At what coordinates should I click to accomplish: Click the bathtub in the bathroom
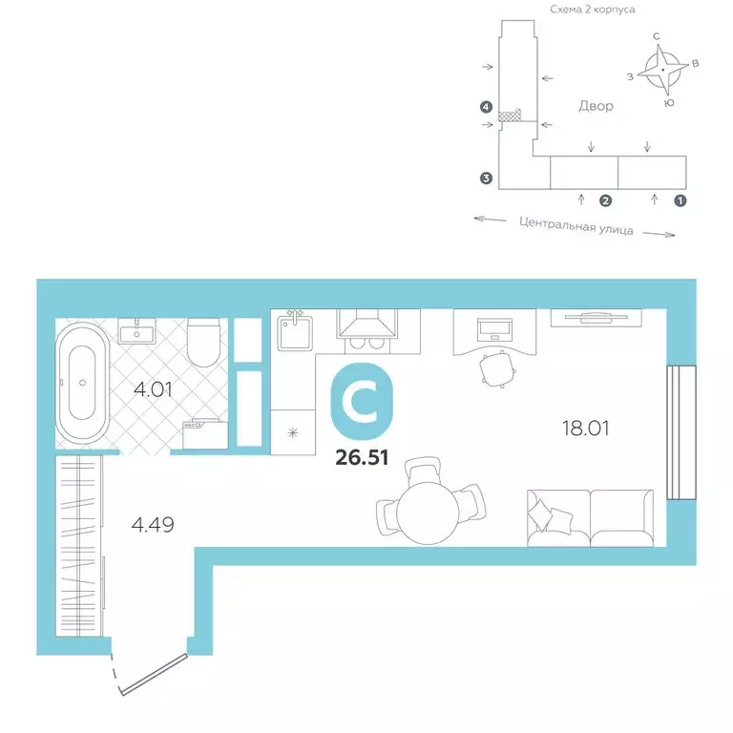83,384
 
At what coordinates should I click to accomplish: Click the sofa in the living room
590,517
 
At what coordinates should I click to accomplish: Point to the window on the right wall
676,431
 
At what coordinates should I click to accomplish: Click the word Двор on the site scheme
595,106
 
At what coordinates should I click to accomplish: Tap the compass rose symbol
660,70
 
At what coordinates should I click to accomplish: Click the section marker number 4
487,108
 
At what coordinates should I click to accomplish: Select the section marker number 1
680,201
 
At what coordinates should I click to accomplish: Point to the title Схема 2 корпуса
592,9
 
